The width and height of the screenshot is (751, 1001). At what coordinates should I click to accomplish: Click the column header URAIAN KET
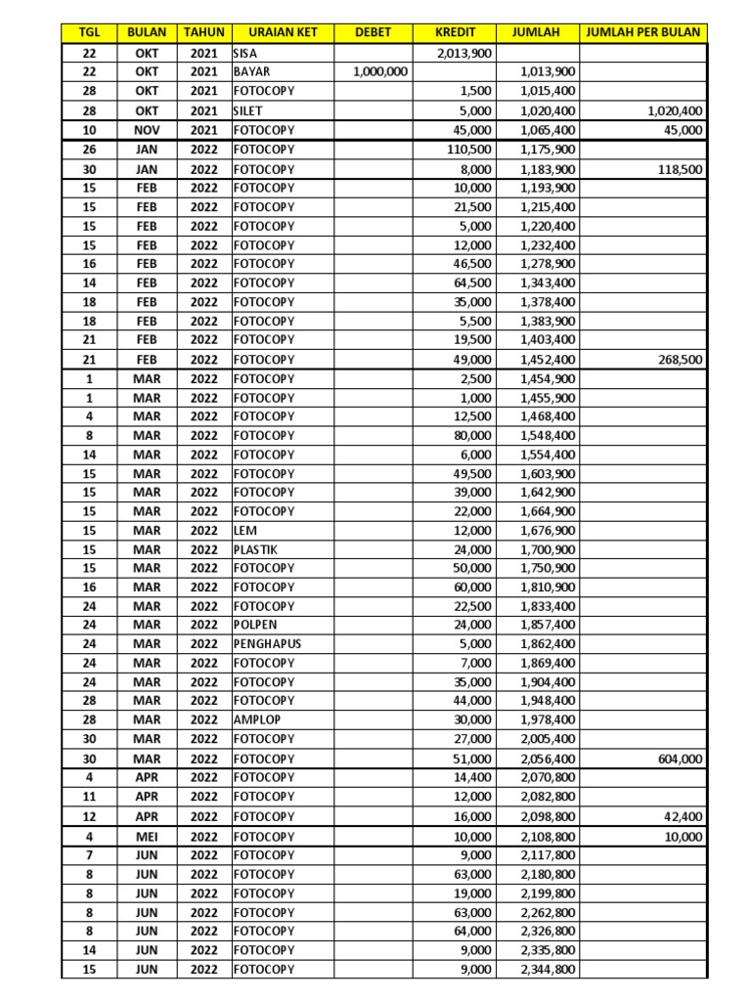[283, 32]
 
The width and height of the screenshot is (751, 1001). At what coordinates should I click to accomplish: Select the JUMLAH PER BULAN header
[642, 32]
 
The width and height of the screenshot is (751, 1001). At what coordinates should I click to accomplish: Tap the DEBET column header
[373, 32]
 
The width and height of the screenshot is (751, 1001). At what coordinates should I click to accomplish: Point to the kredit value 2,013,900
[461, 53]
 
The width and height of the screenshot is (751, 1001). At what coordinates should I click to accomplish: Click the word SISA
[246, 53]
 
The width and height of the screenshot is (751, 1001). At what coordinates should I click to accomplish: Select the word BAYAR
[251, 72]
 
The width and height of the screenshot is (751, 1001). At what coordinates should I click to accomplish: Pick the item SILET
[248, 110]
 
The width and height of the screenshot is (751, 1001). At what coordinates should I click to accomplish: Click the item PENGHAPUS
[266, 644]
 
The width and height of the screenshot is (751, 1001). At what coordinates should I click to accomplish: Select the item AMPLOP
[255, 720]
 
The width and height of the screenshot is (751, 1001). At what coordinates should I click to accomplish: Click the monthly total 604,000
[675, 759]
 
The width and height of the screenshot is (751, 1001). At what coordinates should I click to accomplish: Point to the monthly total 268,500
[675, 359]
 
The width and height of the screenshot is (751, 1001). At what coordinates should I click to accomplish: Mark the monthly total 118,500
[675, 169]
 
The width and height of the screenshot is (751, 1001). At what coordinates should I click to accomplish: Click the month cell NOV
[146, 130]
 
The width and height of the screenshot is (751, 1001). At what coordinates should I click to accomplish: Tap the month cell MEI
[146, 837]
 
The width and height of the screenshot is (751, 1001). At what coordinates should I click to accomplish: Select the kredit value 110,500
[467, 150]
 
